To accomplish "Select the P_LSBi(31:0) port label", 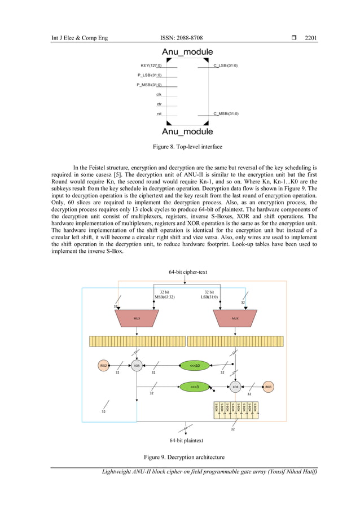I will [x=150, y=75].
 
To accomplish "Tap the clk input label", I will [x=159, y=94].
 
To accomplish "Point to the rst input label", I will [x=160, y=113].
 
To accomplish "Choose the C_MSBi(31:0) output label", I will [x=225, y=113].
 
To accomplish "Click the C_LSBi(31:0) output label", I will [x=225, y=65].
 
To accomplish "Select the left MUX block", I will [x=137, y=318].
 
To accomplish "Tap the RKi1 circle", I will [x=269, y=387].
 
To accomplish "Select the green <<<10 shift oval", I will [x=194, y=365].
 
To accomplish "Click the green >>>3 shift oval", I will [x=194, y=387].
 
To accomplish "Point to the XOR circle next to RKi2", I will [x=136, y=365].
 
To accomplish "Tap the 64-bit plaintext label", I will [x=187, y=440].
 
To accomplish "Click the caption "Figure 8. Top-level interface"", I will [x=187, y=147].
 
